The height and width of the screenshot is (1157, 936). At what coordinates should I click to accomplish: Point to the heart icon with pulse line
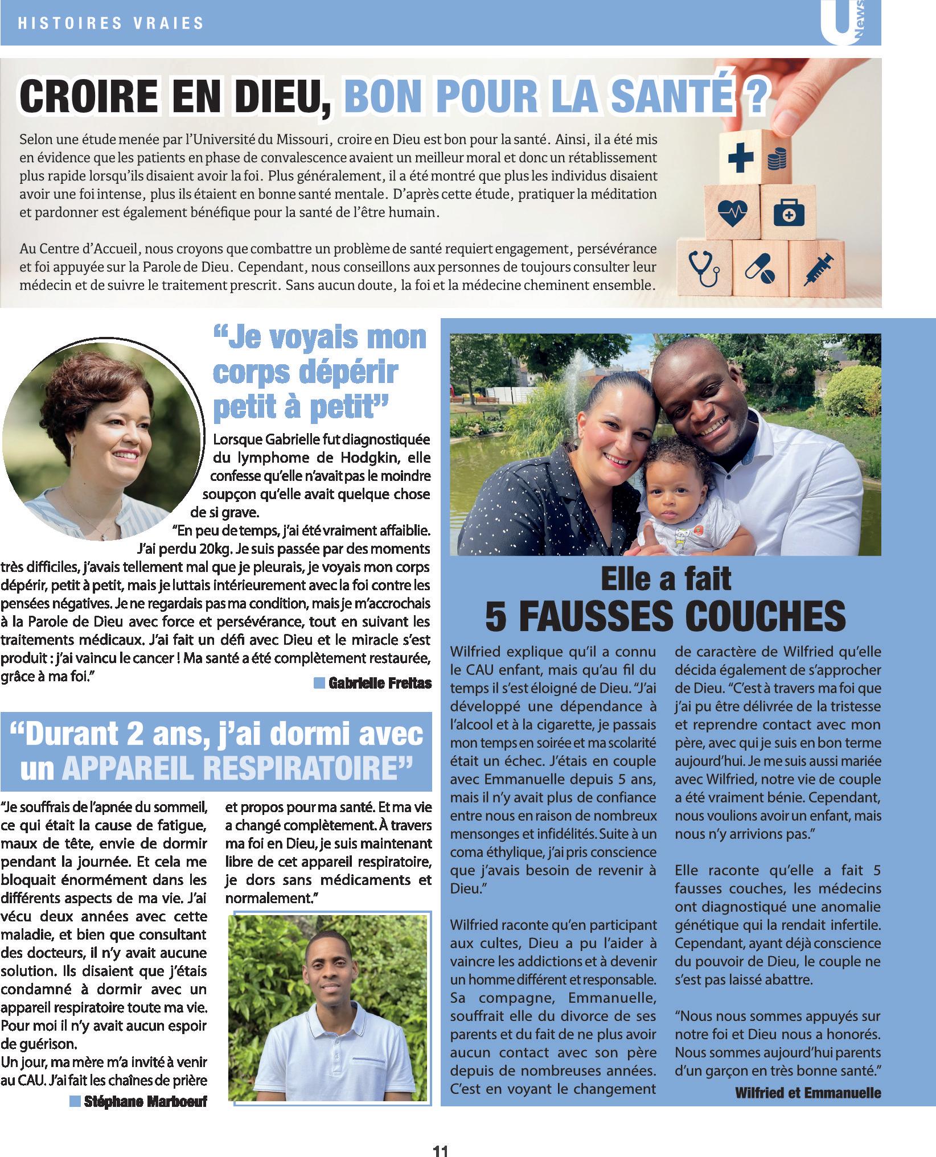[732, 212]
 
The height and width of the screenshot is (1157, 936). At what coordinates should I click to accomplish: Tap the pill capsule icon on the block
[760, 269]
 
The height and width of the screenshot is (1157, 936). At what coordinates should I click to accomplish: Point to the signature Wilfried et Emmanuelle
[808, 1092]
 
